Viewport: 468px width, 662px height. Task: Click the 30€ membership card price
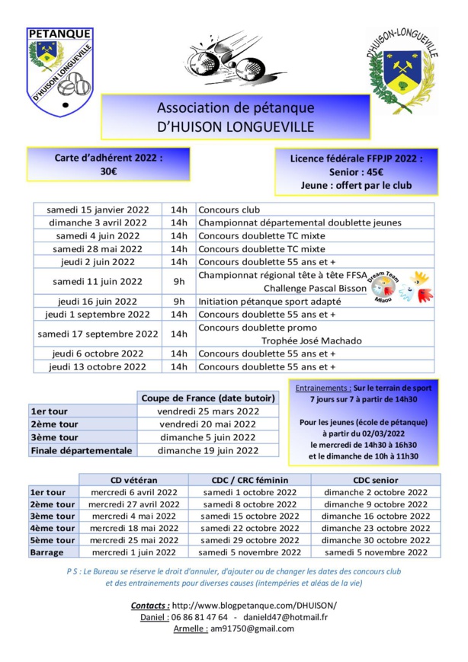(108, 172)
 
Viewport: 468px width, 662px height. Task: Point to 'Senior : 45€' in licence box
(355, 171)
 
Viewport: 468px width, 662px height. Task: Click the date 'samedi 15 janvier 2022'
(98, 209)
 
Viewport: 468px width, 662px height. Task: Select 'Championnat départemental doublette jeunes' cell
(299, 222)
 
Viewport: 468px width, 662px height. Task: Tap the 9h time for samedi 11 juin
(179, 281)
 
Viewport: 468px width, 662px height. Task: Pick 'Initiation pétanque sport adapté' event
(269, 301)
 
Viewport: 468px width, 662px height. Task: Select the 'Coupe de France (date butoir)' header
(208, 398)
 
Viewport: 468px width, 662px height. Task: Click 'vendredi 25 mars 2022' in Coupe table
(208, 411)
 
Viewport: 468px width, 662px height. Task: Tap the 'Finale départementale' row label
(82, 450)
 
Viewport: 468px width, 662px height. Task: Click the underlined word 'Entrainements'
(322, 388)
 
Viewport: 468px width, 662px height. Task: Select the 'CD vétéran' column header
(133, 480)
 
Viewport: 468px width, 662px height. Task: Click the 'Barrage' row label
(46, 552)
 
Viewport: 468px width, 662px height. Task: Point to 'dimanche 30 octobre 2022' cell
(376, 540)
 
